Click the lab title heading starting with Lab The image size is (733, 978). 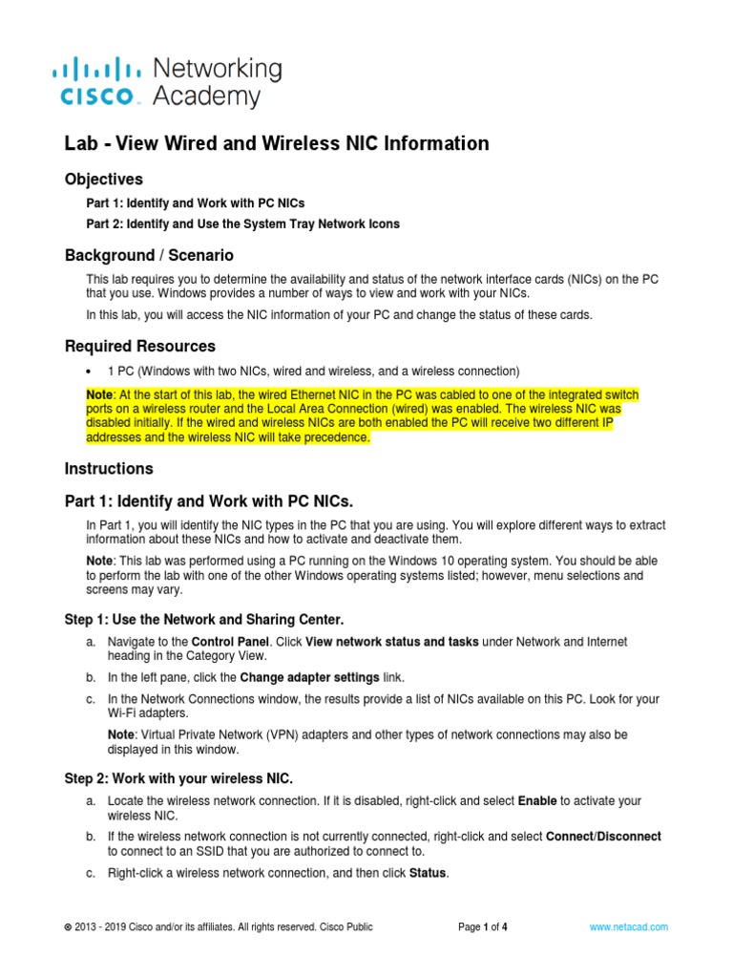[276, 143]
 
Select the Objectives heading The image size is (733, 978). [103, 179]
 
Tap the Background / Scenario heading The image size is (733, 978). [148, 255]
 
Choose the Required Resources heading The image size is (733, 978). [139, 346]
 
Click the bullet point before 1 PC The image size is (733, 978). [89, 371]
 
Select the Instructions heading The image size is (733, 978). [109, 469]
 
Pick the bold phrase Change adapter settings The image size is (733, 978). [309, 677]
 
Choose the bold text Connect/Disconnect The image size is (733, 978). [603, 837]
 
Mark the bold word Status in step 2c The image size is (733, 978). [427, 873]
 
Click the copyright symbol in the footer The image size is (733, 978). [67, 927]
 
